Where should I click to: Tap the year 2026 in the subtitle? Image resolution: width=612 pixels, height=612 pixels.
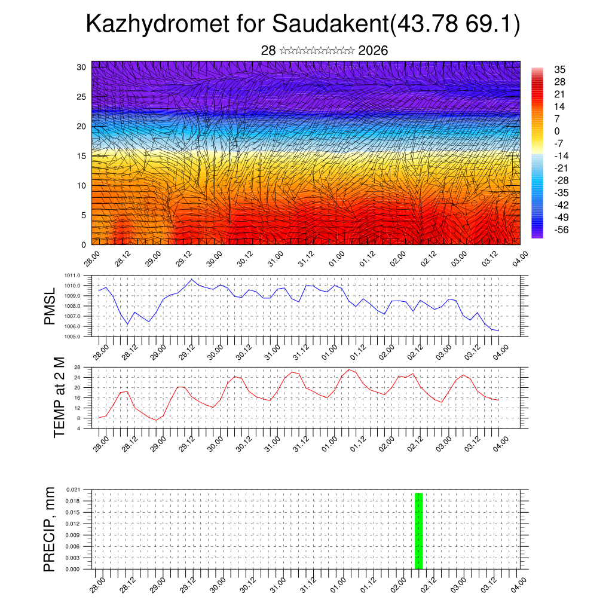pos(373,51)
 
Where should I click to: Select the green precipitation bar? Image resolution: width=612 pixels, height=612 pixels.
pos(418,531)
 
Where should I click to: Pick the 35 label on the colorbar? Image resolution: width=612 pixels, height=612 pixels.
pos(560,70)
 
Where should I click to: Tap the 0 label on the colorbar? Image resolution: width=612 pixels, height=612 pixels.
pos(557,131)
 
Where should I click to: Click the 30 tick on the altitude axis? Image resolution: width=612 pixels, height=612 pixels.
pos(82,67)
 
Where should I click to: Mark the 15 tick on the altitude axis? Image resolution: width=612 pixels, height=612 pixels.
pos(82,156)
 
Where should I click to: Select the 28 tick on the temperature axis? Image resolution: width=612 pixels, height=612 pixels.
pos(77,367)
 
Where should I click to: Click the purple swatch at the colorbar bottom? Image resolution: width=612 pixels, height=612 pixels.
pos(537,235)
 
